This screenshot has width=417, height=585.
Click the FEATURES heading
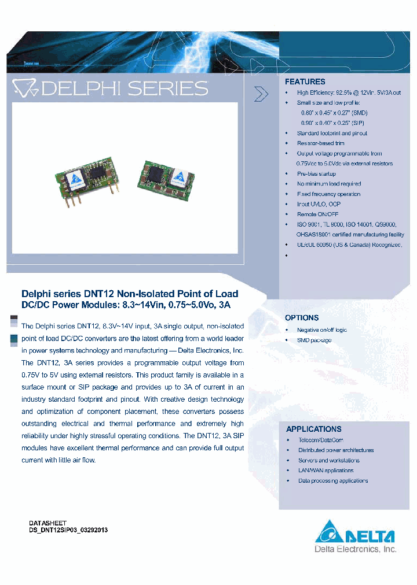tap(305, 82)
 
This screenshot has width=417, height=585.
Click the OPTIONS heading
tap(301, 318)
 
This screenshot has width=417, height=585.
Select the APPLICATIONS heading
tap(313, 429)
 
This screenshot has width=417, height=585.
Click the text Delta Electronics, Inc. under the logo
tap(355, 549)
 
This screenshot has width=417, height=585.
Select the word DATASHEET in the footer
tap(47, 523)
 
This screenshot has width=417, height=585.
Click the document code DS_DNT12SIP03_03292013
tap(68, 529)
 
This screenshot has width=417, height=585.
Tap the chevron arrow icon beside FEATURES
tap(262, 94)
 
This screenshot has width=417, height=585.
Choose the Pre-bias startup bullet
tap(316, 173)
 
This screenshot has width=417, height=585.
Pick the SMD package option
tap(314, 340)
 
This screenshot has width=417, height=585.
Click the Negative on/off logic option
tap(321, 329)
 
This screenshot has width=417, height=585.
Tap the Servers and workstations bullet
tap(328, 460)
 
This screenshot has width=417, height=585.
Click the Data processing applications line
tap(332, 480)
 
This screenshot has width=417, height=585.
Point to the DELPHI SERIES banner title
tap(110, 88)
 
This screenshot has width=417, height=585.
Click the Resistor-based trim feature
tap(320, 143)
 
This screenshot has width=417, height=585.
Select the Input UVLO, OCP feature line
tap(319, 204)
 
